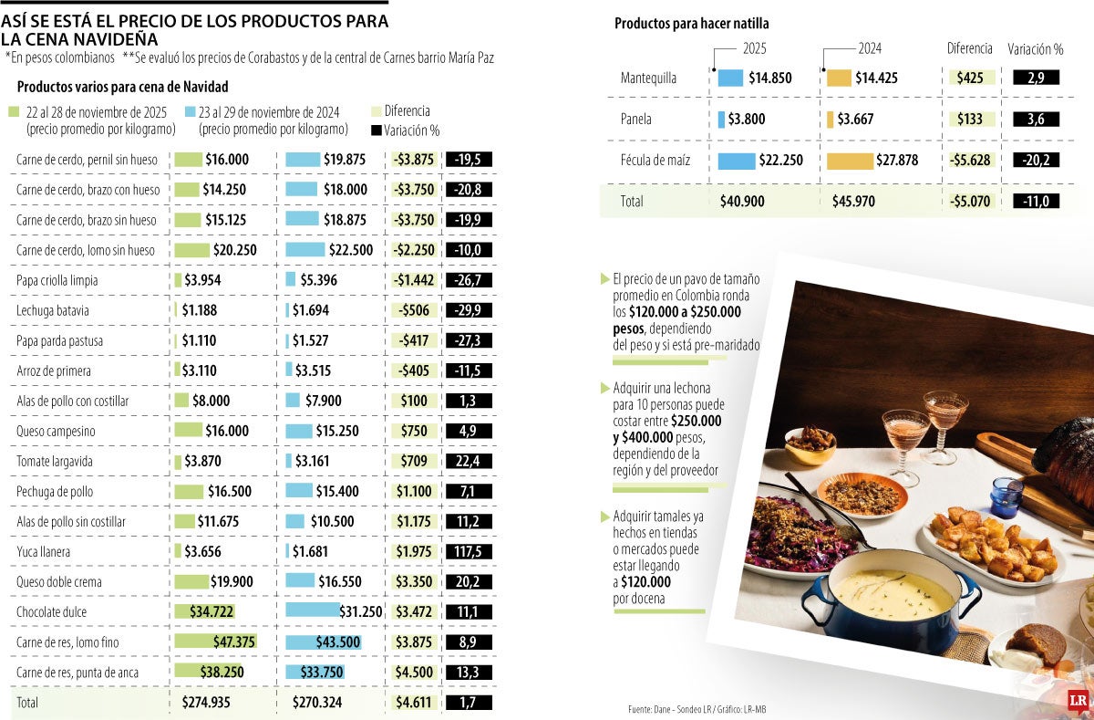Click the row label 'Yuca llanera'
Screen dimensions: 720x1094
pyautogui.click(x=44, y=552)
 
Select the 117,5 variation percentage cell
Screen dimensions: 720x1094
pyautogui.click(x=469, y=552)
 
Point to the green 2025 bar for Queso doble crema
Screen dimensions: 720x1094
pyautogui.click(x=191, y=582)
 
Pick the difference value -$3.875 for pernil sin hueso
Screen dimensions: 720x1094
pyautogui.click(x=415, y=160)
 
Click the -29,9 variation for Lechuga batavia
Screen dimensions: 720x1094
pyautogui.click(x=469, y=311)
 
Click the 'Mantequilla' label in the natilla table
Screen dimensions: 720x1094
pyautogui.click(x=648, y=78)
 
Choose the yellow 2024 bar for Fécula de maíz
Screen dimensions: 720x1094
pyautogui.click(x=863, y=162)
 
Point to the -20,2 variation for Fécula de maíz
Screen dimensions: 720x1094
pyautogui.click(x=1036, y=162)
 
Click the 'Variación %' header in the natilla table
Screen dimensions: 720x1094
pyautogui.click(x=1036, y=49)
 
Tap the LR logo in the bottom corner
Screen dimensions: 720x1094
pyautogui.click(x=1079, y=700)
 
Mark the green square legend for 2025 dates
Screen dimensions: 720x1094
pyautogui.click(x=13, y=111)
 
